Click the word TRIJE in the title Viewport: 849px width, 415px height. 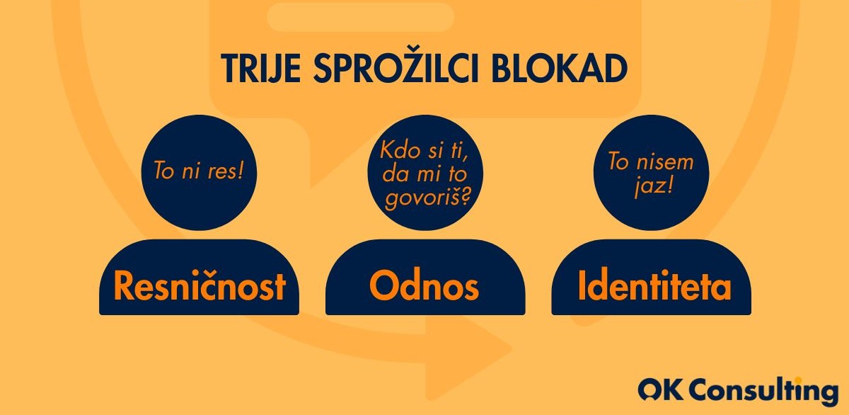[261, 68]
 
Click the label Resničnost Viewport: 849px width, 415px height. [200, 285]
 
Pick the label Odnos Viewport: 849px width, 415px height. [424, 285]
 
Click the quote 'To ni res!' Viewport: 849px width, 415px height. [198, 171]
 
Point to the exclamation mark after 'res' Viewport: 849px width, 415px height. [240, 171]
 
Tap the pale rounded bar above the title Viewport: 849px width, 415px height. [360, 17]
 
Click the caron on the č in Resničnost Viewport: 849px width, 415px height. [205, 273]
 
